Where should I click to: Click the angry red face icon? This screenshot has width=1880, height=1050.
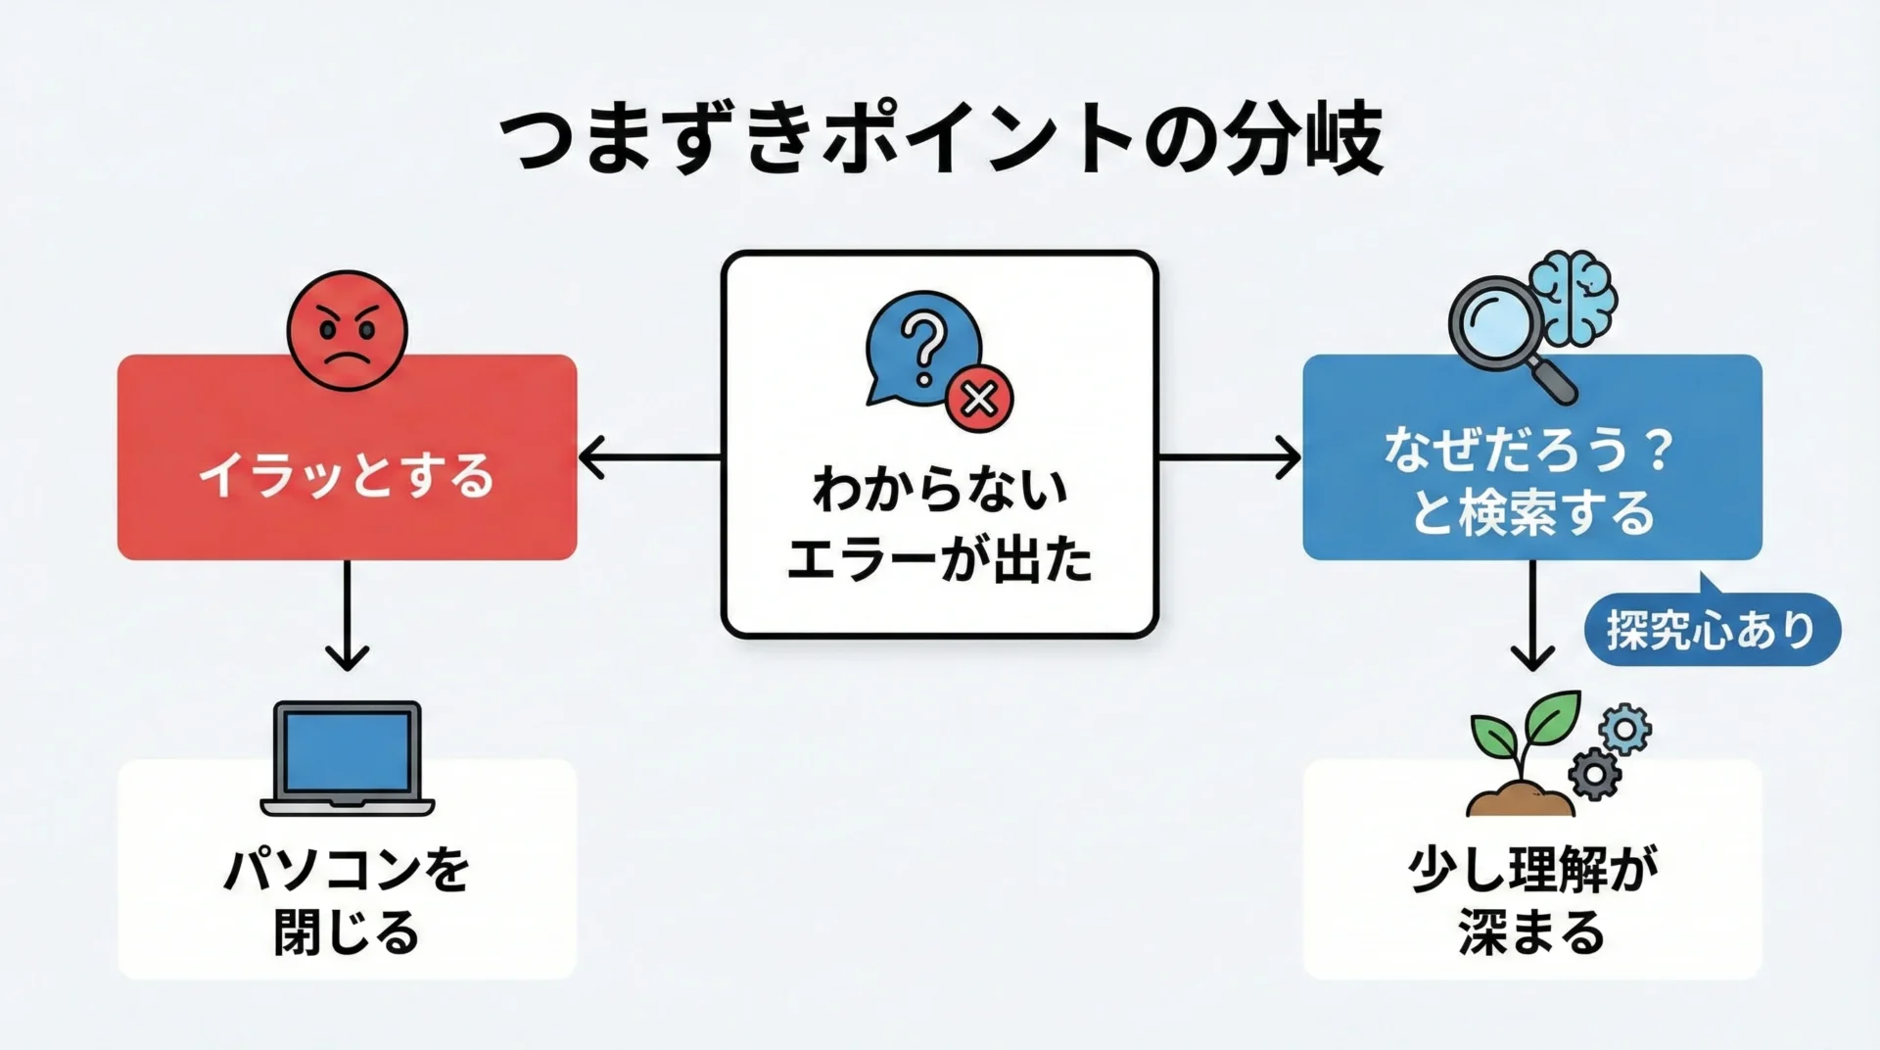347,330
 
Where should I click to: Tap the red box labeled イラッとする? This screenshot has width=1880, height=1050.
347,476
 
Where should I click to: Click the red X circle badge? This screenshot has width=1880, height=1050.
979,399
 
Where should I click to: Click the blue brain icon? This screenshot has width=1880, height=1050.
1574,297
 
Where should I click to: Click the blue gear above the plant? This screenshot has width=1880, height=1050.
1624,729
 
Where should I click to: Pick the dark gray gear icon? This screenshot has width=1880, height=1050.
1595,774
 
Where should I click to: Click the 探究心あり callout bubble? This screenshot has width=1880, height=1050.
1712,630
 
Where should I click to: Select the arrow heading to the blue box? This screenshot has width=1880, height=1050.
1230,457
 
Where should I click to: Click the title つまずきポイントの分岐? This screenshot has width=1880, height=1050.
940,140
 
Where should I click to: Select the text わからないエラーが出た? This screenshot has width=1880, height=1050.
940,525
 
